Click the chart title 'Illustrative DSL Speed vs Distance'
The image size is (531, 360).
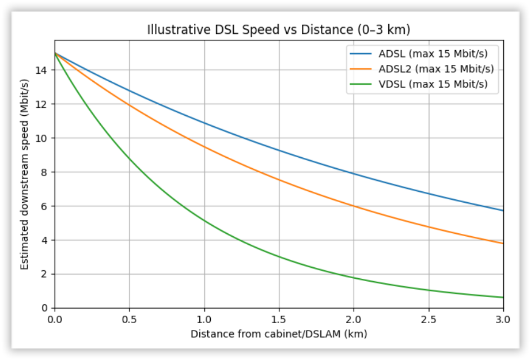point(279,29)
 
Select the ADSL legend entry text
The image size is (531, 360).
point(433,54)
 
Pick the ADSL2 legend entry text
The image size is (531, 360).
point(436,69)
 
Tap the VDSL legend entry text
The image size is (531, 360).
point(433,84)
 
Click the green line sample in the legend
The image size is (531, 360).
point(361,84)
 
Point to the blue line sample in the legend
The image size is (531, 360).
point(361,54)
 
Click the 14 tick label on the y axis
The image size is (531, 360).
point(44,70)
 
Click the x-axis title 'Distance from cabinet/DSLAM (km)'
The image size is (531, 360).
point(279,334)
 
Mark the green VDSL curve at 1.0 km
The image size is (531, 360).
point(204,221)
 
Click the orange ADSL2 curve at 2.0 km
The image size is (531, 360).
point(354,206)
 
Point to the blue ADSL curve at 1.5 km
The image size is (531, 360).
point(279,150)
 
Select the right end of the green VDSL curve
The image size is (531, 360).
point(503,297)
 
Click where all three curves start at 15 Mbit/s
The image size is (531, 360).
point(55,53)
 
